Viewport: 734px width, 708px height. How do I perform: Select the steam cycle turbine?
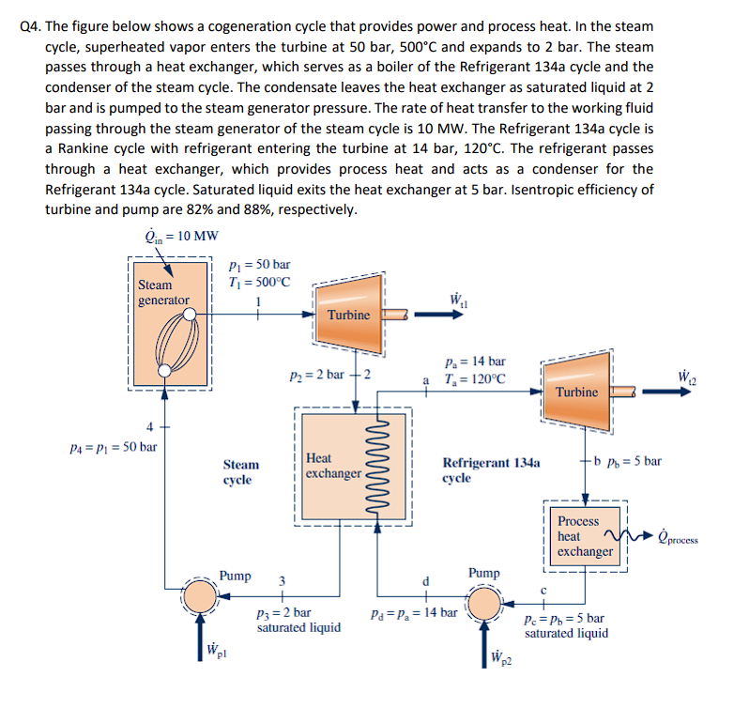coord(349,314)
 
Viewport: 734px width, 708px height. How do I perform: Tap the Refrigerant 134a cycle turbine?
coord(576,389)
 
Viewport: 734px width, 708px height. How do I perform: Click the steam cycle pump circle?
coord(199,593)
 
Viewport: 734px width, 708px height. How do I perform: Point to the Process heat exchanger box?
coord(582,536)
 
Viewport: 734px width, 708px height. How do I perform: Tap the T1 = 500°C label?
coord(260,282)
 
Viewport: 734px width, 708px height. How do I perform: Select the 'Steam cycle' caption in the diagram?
coord(241,472)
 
